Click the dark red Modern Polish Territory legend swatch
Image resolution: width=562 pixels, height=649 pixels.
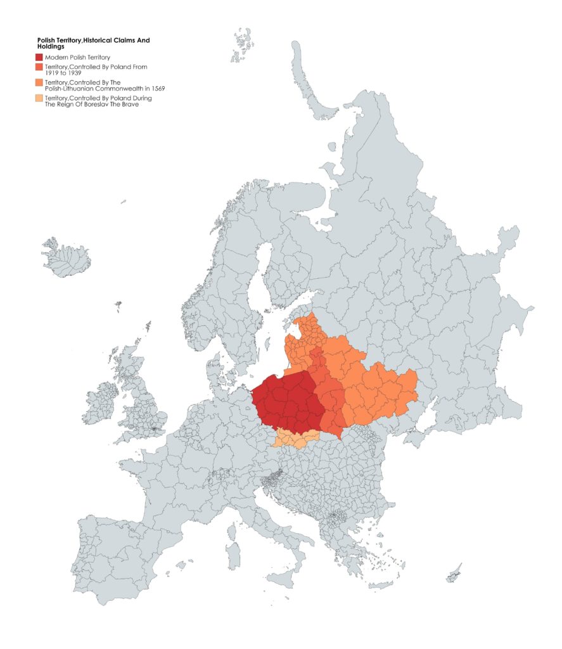39,58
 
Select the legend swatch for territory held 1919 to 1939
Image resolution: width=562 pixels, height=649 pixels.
39,67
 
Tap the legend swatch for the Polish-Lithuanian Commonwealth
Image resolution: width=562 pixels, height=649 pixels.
39,82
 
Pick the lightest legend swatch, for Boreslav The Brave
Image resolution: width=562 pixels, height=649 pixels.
39,98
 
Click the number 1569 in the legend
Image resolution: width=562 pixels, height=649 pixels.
156,88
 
